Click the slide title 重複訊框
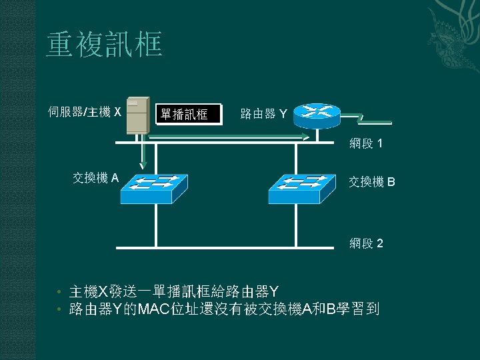[x=105, y=45]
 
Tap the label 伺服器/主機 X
[x=85, y=111]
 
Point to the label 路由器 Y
[x=263, y=114]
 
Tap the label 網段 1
[x=366, y=143]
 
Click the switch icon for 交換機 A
[x=153, y=189]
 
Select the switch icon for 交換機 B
[x=301, y=189]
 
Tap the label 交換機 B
[x=372, y=181]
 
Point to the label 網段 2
[x=366, y=243]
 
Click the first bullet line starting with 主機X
[x=173, y=291]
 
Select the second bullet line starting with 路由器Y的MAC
[x=224, y=309]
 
